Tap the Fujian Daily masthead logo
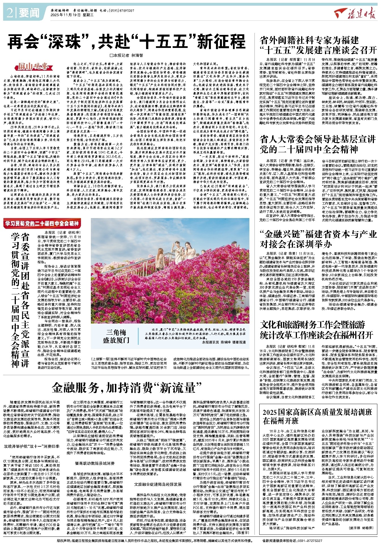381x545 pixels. (x=355, y=13)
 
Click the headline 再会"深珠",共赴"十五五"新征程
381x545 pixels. (x=126, y=42)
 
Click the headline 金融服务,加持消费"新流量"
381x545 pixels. (x=127, y=387)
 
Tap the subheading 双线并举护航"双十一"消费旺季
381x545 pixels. (x=31, y=446)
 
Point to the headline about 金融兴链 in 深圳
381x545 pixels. (x=318, y=239)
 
